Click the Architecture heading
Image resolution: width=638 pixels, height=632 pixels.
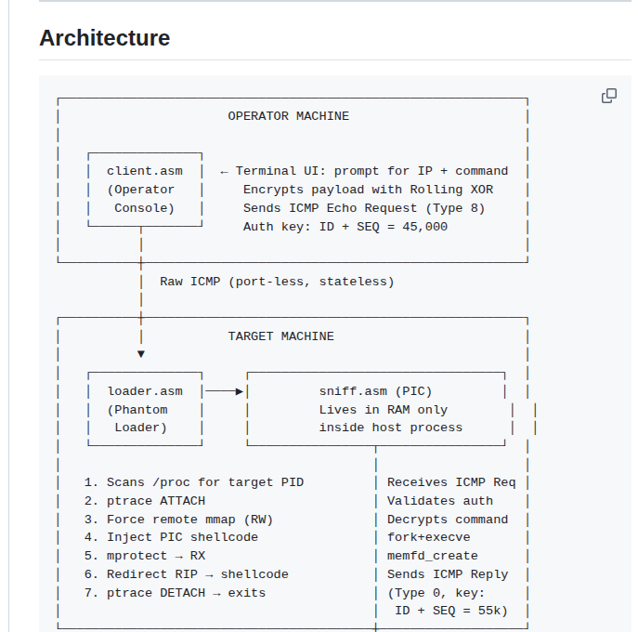105,38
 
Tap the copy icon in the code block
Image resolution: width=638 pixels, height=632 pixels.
609,96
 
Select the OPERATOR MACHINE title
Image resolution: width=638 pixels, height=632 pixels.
288,116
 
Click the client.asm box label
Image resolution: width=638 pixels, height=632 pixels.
145,171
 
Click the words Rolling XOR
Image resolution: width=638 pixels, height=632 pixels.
451,190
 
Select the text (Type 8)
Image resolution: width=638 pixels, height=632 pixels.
455,208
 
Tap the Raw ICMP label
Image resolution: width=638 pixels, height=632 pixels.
190,282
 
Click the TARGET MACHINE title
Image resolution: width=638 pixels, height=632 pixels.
280,336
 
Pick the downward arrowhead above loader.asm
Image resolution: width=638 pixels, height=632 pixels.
141,354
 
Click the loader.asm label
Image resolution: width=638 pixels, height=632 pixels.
145,391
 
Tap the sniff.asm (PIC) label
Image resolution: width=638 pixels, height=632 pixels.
375,391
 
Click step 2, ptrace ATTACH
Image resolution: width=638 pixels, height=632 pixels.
145,501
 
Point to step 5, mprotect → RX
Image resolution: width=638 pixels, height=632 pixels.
145,556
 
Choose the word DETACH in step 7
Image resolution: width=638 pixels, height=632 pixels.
182,593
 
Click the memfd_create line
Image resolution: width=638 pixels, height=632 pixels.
433,556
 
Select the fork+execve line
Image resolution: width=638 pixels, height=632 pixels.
428,537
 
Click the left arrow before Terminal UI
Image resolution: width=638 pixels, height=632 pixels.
224,172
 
